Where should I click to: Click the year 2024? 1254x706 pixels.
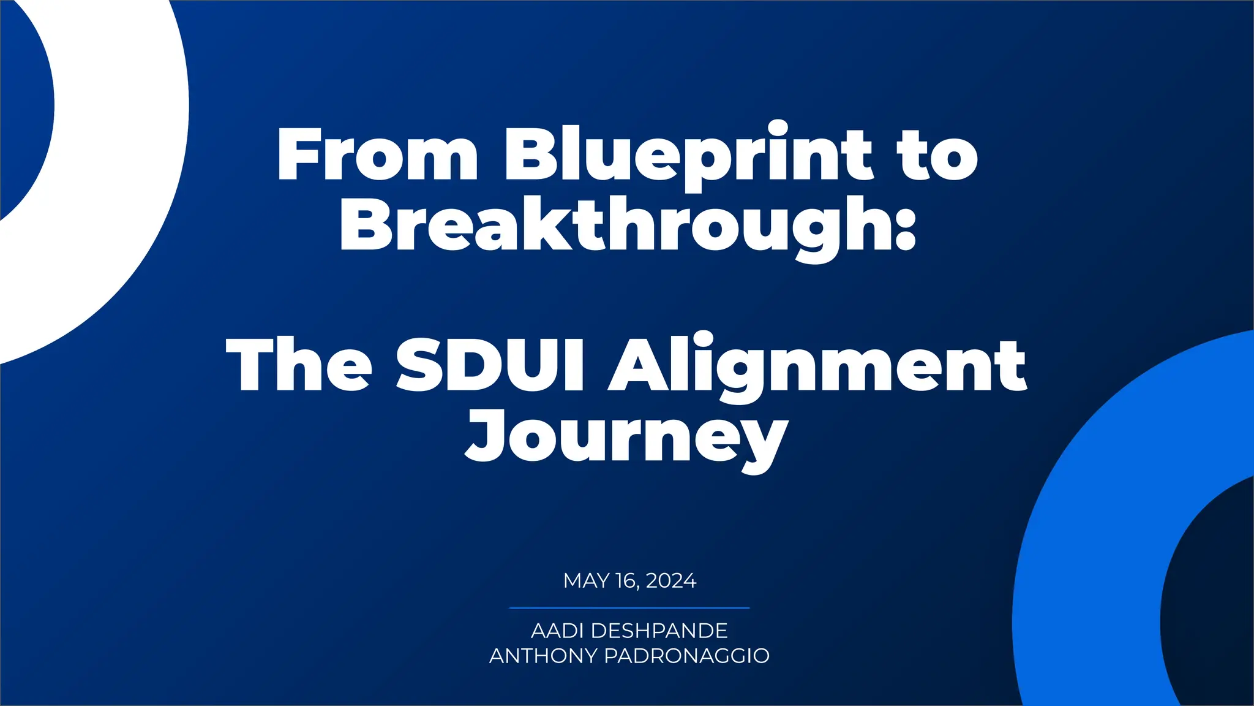[x=670, y=580]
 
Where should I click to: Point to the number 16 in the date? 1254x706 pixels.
[x=627, y=580]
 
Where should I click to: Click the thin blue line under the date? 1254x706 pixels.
[x=629, y=608]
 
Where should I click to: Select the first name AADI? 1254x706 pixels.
[x=557, y=631]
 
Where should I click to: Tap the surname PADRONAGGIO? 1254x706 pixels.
[x=686, y=656]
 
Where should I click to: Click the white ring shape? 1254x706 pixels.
[x=122, y=184]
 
